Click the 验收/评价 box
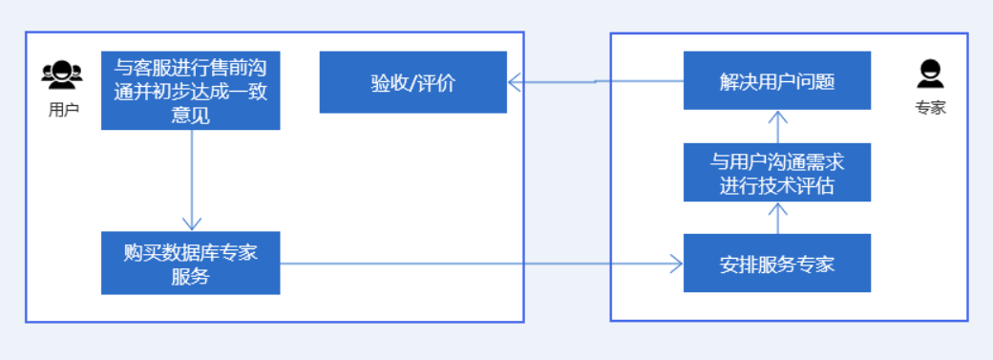tap(412, 82)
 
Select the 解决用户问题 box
tap(777, 81)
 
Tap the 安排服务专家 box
tap(777, 263)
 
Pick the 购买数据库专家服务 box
tap(190, 263)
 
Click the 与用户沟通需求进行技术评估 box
tap(777, 172)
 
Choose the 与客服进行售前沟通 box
tap(190, 90)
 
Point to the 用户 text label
tap(62, 109)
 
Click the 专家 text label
tap(930, 108)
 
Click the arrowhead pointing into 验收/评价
tap(515, 82)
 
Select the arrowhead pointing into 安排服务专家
tap(677, 263)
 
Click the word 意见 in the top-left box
tap(190, 116)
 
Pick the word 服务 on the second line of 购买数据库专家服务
tap(190, 277)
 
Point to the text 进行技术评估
tap(777, 185)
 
